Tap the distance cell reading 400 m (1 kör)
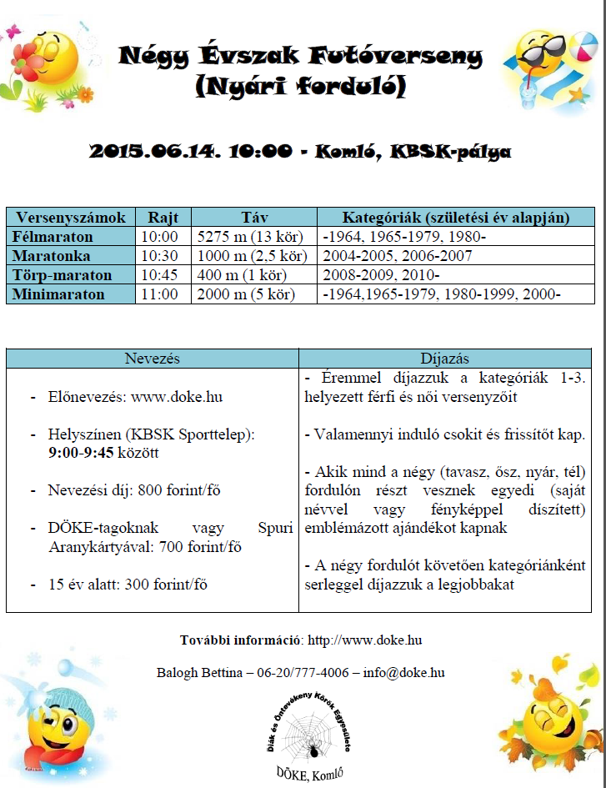click(242, 275)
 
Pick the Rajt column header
click(163, 218)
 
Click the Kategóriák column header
click(445, 218)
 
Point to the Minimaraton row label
click(58, 294)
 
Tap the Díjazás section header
click(444, 358)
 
